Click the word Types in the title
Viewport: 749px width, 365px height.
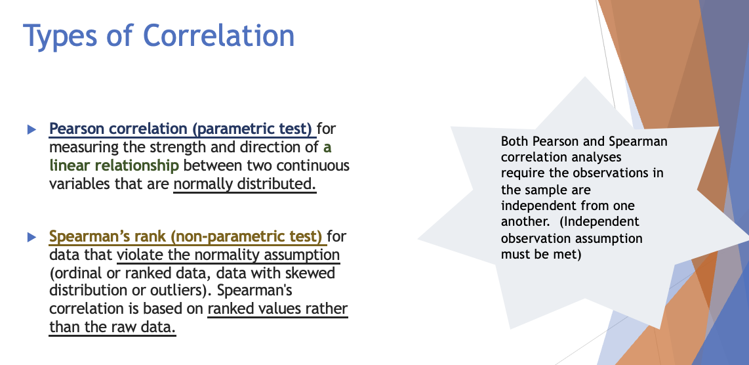click(64, 35)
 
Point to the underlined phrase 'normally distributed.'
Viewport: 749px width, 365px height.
click(245, 183)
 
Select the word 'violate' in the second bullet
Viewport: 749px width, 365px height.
click(142, 254)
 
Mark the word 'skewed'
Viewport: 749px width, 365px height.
click(308, 272)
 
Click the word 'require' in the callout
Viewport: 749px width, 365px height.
click(523, 173)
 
